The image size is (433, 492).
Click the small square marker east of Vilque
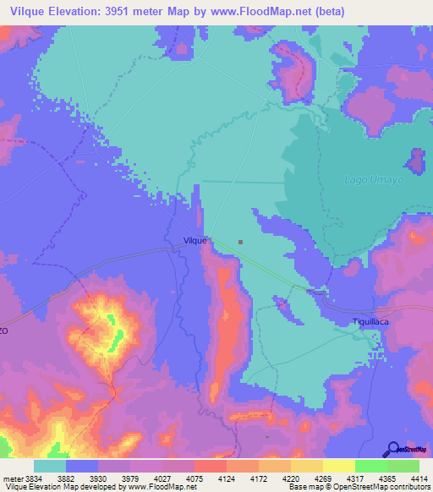[241, 242]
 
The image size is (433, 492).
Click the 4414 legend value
[419, 478]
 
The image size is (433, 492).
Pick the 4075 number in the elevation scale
[194, 478]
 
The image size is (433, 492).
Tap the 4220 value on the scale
[290, 478]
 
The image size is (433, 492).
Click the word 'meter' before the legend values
[11, 478]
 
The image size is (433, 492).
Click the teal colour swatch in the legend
[50, 465]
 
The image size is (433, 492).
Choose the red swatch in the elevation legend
[210, 465]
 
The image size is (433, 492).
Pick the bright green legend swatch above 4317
[370, 465]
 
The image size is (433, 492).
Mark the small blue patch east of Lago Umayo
[417, 161]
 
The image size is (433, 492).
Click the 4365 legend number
[386, 478]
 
